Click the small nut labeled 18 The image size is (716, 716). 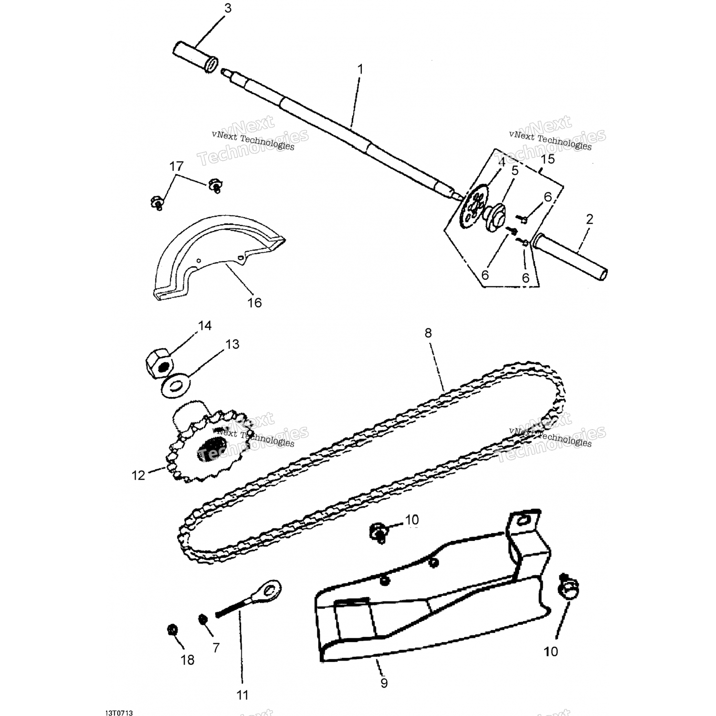point(172,630)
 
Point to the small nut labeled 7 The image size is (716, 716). point(203,619)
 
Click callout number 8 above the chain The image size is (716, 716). point(428,333)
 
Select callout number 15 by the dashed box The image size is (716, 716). point(548,159)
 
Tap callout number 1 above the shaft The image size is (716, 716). point(360,70)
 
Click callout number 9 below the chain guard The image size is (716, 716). point(384,683)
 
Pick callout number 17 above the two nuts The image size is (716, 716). point(176,166)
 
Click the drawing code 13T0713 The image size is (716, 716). point(119,713)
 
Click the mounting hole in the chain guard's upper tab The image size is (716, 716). point(526,519)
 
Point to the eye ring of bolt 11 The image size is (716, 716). point(271,590)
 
